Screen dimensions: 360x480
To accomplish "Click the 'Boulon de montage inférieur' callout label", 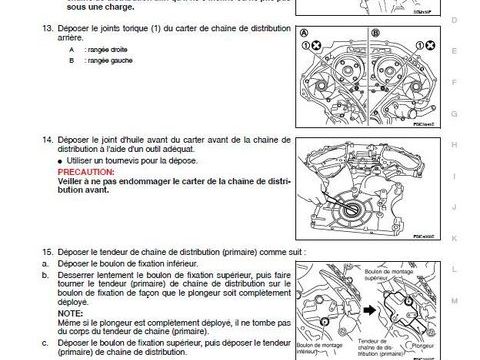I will tap(314, 350).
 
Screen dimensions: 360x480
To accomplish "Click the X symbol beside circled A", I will tap(315, 46).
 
